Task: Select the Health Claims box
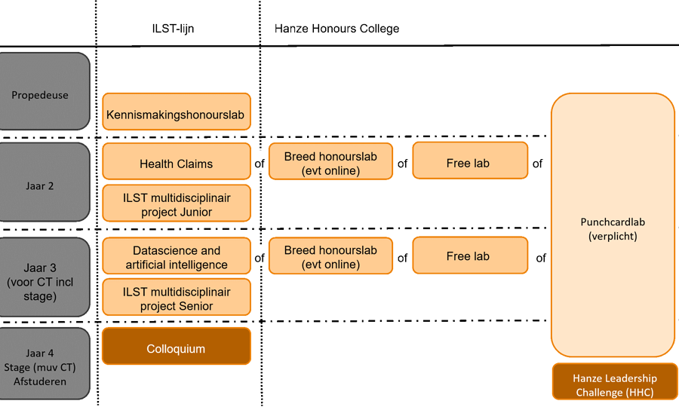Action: (x=177, y=164)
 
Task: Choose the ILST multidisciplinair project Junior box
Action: (x=177, y=204)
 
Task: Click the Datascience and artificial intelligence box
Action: (x=177, y=258)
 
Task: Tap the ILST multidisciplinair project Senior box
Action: (x=177, y=298)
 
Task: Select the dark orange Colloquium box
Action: (x=177, y=349)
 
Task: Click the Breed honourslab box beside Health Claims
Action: (x=330, y=163)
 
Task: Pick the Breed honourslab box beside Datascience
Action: (x=330, y=257)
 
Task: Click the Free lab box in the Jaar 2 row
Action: (x=469, y=163)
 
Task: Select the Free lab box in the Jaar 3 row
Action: (x=469, y=256)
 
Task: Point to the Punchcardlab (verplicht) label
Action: (x=613, y=229)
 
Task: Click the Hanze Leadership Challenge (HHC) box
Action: (x=614, y=385)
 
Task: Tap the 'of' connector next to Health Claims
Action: (x=260, y=164)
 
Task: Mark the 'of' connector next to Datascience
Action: (x=260, y=258)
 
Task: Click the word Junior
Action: (x=195, y=212)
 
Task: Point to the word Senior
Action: (x=195, y=306)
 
